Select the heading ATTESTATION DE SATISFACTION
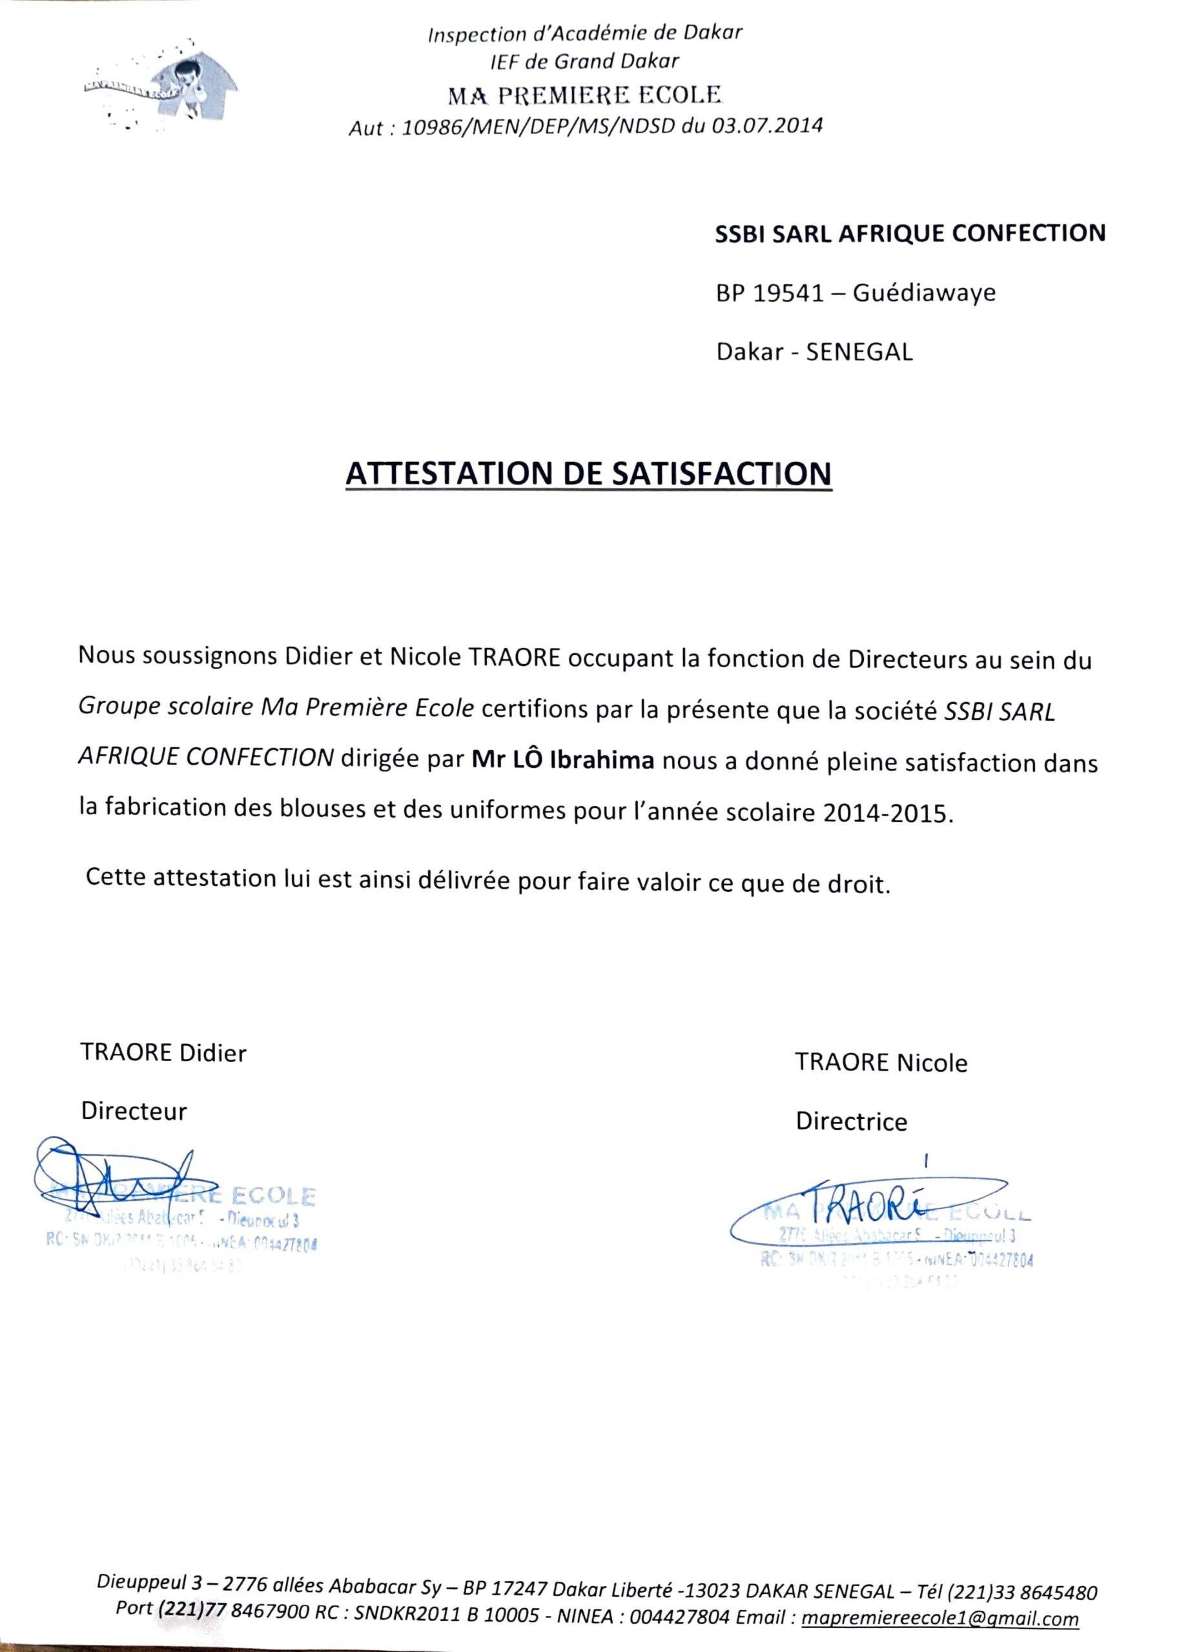coord(588,474)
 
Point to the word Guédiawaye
coord(923,293)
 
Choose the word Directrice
coord(851,1121)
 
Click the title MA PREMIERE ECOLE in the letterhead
coord(585,95)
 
